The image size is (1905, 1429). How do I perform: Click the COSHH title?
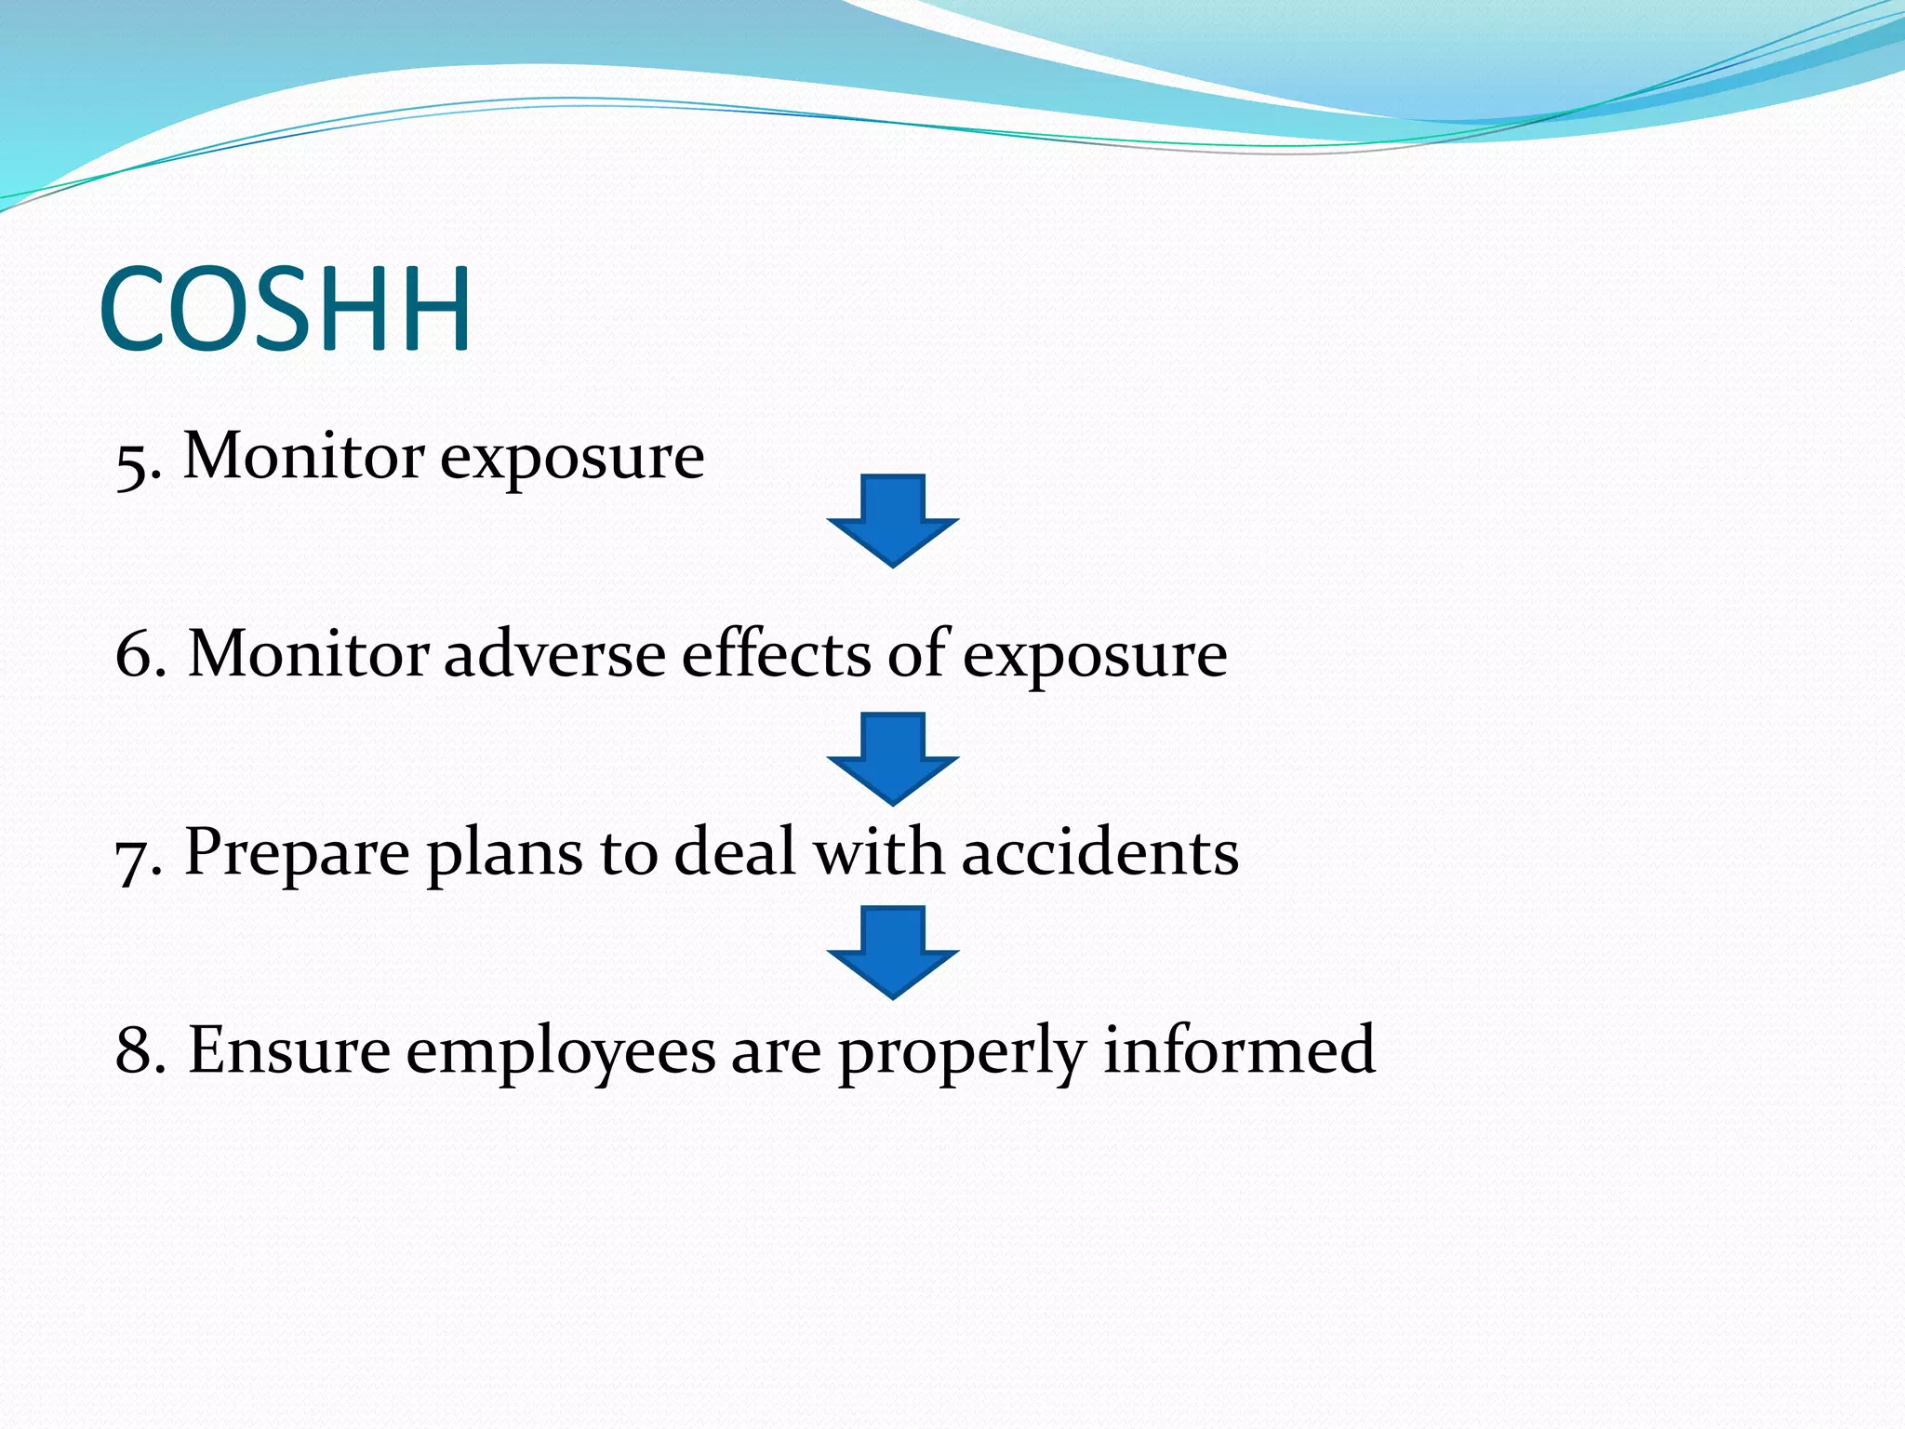coord(285,310)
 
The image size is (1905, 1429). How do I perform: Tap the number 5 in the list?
coord(132,464)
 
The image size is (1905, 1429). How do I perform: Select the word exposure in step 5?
coord(571,460)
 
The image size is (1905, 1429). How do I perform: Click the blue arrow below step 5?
coord(892,521)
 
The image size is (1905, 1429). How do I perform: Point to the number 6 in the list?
coord(135,654)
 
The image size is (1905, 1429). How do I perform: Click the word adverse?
coord(554,654)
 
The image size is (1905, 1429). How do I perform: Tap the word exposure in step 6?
coord(1094,658)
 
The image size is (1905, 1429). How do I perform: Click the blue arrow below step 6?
coord(892,759)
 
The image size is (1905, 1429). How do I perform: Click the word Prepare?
coord(297,854)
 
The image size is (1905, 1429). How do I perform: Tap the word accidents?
coord(1099,852)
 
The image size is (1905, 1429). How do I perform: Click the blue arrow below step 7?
coord(892,953)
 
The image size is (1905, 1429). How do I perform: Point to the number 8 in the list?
coord(135,1050)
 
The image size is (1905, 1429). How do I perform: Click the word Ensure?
coord(288,1050)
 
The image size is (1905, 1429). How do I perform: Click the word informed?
coord(1239,1049)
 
